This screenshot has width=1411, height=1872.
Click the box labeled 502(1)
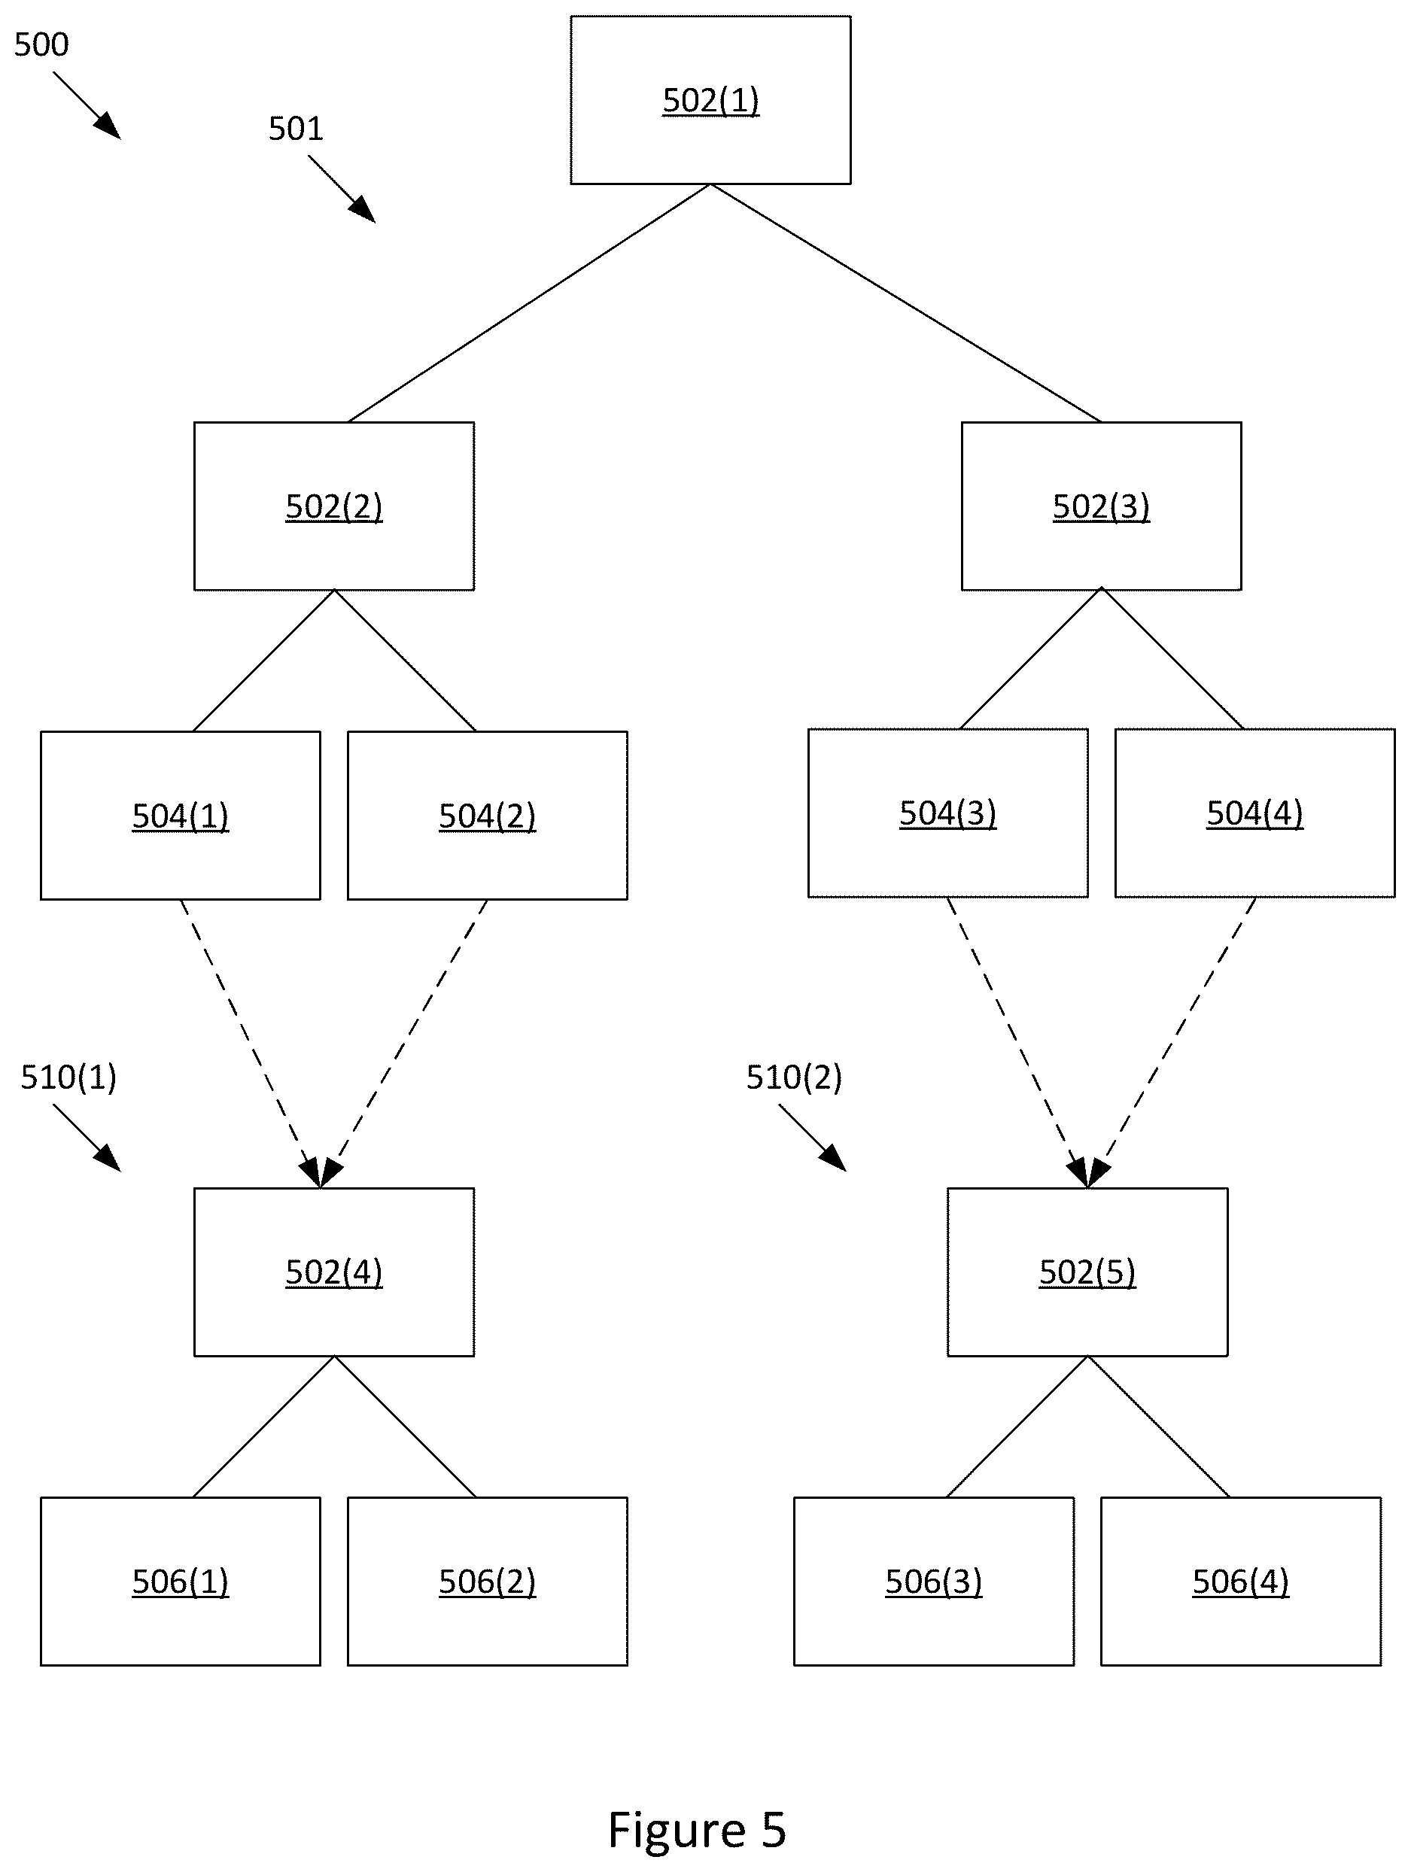pos(710,100)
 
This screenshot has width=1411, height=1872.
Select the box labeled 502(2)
pos(333,506)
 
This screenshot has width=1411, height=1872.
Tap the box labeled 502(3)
pos(1101,506)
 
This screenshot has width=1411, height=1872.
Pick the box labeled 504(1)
pos(181,815)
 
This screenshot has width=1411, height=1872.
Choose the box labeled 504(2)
pos(488,815)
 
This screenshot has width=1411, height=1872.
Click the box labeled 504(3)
pos(948,813)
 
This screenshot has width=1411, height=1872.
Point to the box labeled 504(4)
pos(1254,813)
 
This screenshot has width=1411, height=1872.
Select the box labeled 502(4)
pos(333,1272)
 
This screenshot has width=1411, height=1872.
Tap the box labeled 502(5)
pos(1087,1272)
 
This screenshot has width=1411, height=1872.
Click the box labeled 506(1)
pos(181,1581)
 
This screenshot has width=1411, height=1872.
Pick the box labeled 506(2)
pos(488,1581)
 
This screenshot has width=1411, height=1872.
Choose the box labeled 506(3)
pos(934,1581)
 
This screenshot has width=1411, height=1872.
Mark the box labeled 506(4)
pos(1241,1581)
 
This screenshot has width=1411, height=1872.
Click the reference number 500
pos(41,44)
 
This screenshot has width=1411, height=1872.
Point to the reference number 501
pos(296,129)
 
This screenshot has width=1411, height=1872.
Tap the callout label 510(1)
pos(68,1077)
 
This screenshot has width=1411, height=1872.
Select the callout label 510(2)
pos(794,1077)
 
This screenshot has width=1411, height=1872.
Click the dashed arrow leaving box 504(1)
pos(251,1044)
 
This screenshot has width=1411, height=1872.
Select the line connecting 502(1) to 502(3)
pos(906,303)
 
